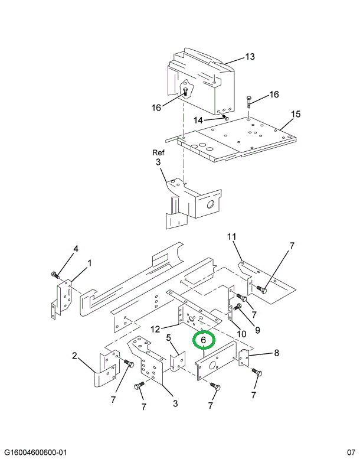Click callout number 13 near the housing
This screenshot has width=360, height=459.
(250, 57)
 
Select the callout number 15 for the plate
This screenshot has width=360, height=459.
(296, 113)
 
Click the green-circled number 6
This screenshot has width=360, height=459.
(204, 341)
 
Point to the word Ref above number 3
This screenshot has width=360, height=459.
(158, 152)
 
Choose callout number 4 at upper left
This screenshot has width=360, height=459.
(76, 249)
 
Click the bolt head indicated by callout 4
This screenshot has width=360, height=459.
(54, 275)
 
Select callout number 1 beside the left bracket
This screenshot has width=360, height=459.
(90, 263)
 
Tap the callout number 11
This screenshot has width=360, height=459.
(232, 237)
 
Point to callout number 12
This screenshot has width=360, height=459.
(155, 328)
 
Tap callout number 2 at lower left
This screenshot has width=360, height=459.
(75, 356)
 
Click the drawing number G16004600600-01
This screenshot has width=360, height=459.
(36, 453)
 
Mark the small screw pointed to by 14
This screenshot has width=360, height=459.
(225, 118)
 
